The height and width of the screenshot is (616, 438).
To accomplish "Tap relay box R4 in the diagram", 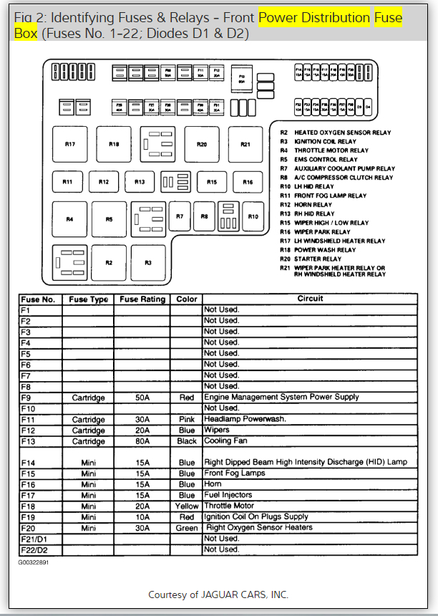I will click(x=69, y=219).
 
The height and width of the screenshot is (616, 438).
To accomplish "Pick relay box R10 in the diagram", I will click(x=253, y=216).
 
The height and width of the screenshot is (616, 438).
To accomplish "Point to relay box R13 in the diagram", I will click(x=140, y=182).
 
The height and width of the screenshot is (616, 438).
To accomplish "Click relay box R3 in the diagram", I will click(x=148, y=263).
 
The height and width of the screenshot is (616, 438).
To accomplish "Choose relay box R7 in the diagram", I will click(x=180, y=216).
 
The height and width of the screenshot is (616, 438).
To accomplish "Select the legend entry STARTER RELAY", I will click(x=318, y=259).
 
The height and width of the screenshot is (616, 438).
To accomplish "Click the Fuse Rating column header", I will click(x=142, y=299).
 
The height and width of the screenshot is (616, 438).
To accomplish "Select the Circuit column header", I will click(x=310, y=299).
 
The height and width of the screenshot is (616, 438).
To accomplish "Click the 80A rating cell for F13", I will click(x=142, y=442).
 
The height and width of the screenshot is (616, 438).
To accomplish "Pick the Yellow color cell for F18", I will click(x=187, y=506).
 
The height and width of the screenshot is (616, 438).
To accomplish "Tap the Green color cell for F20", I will click(x=187, y=528).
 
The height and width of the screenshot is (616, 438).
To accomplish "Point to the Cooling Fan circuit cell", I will click(x=225, y=442).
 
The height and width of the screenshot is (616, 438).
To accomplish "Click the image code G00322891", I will click(x=34, y=562).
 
